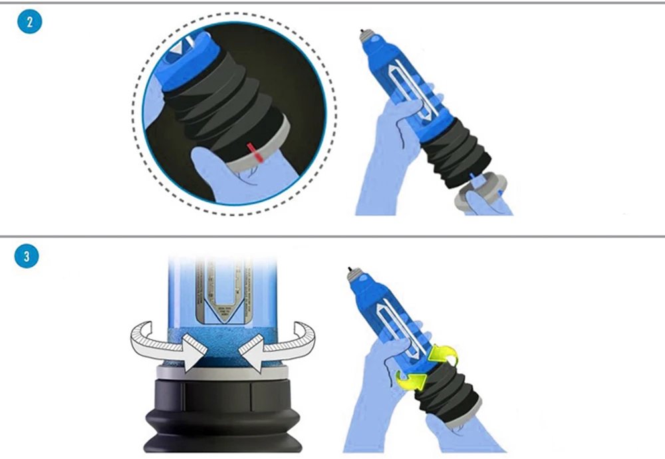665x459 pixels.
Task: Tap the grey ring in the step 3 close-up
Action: pyautogui.click(x=219, y=373)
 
